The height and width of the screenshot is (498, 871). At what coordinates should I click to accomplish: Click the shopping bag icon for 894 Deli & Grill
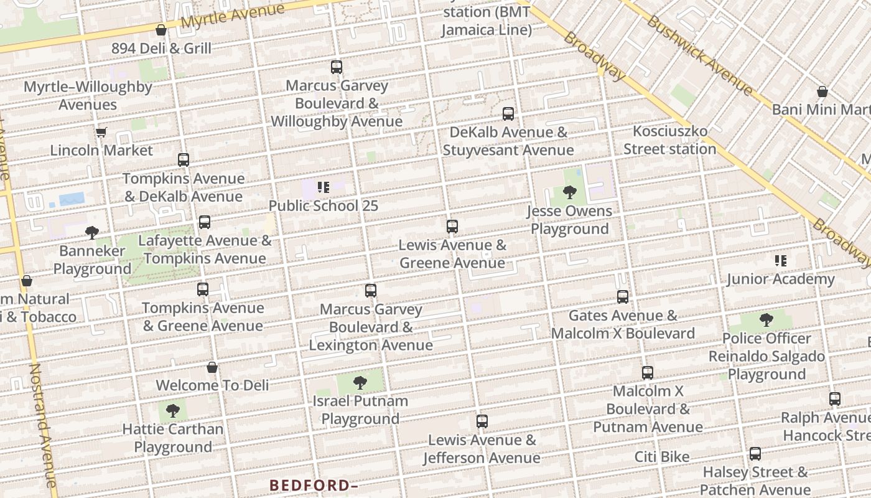click(161, 30)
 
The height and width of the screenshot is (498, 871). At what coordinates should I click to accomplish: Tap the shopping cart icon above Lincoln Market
click(101, 132)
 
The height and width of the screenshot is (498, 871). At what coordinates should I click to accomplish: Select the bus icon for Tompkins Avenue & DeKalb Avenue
click(183, 160)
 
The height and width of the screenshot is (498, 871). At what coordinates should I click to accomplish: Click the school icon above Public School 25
click(323, 187)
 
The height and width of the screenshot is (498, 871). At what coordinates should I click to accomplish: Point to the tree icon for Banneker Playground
click(92, 233)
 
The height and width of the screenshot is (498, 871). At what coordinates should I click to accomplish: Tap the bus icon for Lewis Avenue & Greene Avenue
click(452, 227)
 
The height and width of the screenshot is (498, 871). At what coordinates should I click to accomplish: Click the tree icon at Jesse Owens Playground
click(569, 192)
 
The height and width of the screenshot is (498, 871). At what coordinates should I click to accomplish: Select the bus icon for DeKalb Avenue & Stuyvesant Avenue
click(508, 114)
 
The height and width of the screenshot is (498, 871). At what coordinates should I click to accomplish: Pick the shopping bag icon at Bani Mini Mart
click(822, 92)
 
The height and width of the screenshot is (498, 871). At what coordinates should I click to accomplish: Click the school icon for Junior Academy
click(780, 261)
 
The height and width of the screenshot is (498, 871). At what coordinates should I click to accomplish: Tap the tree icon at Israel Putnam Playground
click(360, 383)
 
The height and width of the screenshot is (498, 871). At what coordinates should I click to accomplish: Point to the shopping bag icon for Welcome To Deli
click(212, 367)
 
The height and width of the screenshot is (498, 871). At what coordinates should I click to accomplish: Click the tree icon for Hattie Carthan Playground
click(173, 411)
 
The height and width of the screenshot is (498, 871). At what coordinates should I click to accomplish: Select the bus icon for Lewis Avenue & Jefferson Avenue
click(482, 421)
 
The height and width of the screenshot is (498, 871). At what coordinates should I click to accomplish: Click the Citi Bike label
click(662, 457)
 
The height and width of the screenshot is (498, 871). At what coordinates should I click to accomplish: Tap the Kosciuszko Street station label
click(670, 140)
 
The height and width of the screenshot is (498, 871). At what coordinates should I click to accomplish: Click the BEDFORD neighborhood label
click(314, 485)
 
